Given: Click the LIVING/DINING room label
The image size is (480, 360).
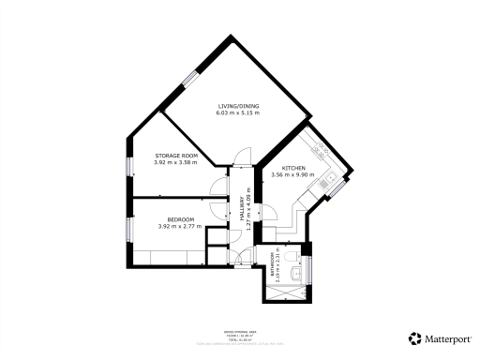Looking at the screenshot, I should (x=239, y=106).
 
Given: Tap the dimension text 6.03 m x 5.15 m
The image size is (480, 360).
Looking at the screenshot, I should (x=239, y=113).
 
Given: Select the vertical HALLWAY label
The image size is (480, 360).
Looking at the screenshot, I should (x=242, y=207).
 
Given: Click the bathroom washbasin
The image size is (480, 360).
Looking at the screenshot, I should (x=298, y=272).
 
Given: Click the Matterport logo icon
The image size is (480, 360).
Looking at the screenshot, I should (x=413, y=337).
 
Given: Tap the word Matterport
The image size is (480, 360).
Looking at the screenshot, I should (x=444, y=337).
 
